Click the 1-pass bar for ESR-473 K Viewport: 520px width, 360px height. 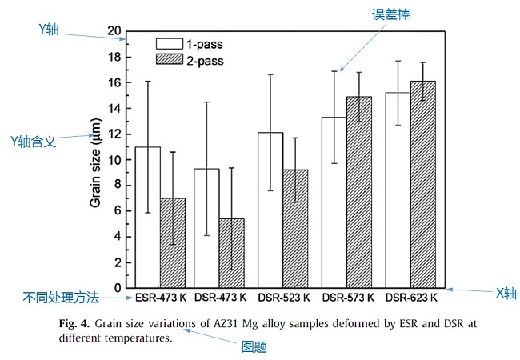[148, 217]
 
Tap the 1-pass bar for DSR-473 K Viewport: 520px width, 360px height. [207, 228]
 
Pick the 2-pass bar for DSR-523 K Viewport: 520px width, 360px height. [295, 228]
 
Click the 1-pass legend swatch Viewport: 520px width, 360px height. [170, 43]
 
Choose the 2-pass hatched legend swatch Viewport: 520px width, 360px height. [170, 59]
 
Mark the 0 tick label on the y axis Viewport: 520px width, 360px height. [118, 288]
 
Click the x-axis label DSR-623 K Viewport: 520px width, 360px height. [410, 298]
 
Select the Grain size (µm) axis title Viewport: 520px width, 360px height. [95, 161]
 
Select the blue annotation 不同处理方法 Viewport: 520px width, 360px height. [60, 298]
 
